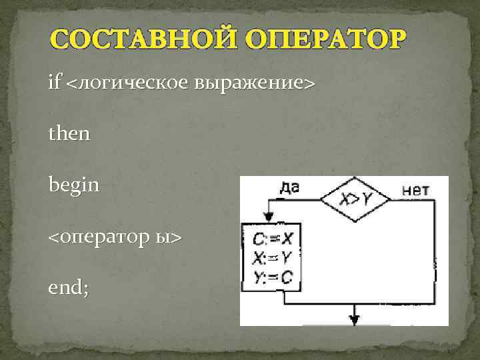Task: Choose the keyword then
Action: click(69, 134)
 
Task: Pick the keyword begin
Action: click(74, 185)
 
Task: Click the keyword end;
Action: click(68, 287)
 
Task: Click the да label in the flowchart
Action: click(288, 187)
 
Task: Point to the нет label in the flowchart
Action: click(416, 190)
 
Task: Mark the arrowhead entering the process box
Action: click(269, 217)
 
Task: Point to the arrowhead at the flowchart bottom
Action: click(355, 319)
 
